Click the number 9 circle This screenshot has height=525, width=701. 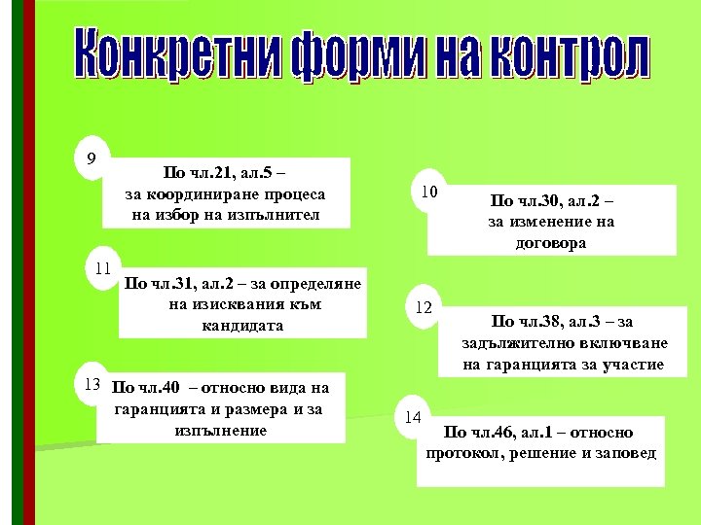(x=92, y=158)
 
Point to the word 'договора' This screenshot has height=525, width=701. (x=551, y=243)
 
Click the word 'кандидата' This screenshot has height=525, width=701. (x=242, y=325)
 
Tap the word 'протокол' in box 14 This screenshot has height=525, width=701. (x=463, y=453)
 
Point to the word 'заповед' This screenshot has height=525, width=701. (x=623, y=453)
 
